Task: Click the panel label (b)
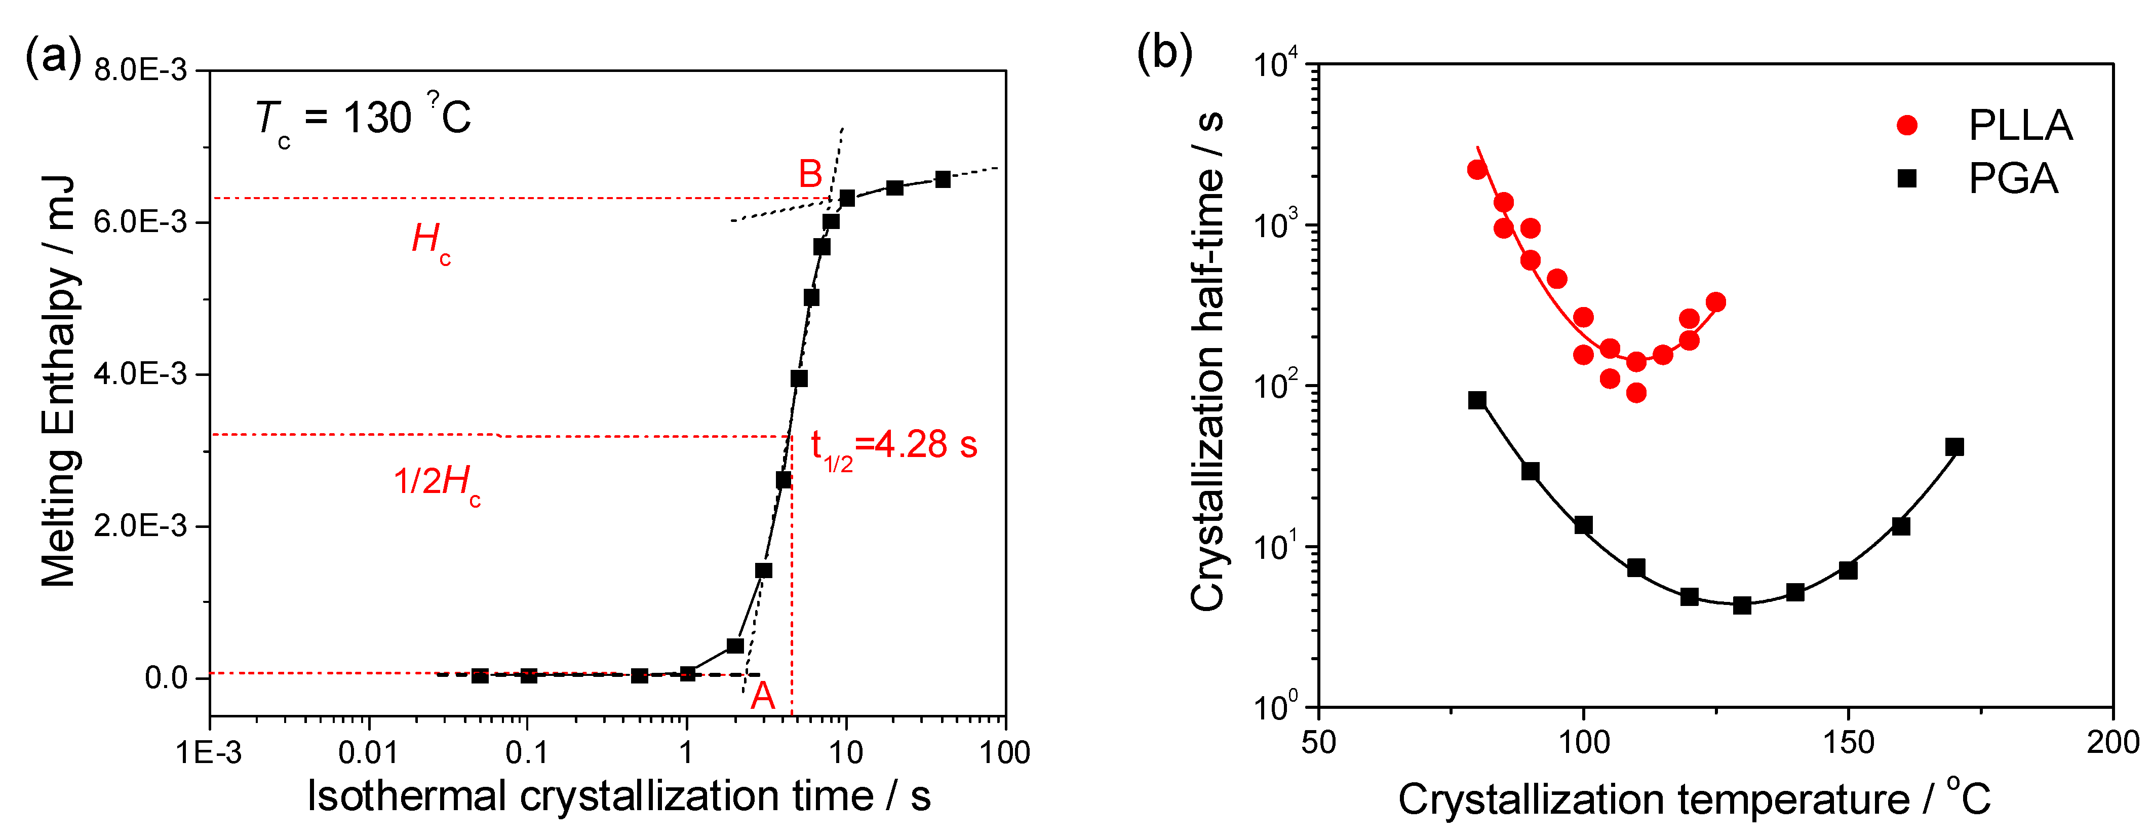pyautogui.click(x=1164, y=53)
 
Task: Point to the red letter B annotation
pyautogui.click(x=809, y=174)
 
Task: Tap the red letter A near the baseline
pyautogui.click(x=762, y=695)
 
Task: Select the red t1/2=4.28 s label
pyautogui.click(x=893, y=446)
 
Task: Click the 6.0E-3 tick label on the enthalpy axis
pyautogui.click(x=140, y=222)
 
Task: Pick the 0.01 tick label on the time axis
pyautogui.click(x=368, y=752)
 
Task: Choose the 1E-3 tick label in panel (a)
pyautogui.click(x=209, y=752)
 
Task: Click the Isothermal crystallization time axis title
pyautogui.click(x=618, y=795)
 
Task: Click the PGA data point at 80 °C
pyautogui.click(x=1477, y=400)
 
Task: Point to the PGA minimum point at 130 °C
pyautogui.click(x=1742, y=605)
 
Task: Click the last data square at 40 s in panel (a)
pyautogui.click(x=943, y=179)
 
